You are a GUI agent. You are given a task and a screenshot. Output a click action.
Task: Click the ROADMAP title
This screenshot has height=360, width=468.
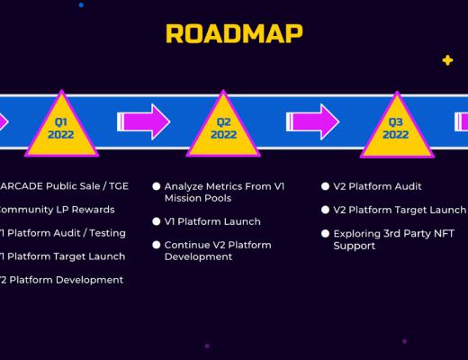[234, 33]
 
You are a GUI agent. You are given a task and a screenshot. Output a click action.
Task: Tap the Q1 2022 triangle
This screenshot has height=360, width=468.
[61, 128]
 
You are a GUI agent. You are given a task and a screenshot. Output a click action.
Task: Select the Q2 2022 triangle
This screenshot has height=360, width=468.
[224, 128]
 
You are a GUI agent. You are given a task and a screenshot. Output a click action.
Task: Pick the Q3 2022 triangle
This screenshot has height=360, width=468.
[395, 128]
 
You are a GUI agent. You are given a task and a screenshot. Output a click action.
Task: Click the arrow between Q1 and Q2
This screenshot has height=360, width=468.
[144, 121]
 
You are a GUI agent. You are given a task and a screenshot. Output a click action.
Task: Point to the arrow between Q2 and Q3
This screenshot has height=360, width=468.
[312, 121]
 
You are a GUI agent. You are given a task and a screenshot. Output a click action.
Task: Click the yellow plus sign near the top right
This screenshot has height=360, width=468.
[447, 60]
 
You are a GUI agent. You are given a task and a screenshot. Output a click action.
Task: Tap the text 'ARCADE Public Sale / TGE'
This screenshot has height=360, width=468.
[64, 186]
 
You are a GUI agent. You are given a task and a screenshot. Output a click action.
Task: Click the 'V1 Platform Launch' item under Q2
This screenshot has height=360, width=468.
[212, 221]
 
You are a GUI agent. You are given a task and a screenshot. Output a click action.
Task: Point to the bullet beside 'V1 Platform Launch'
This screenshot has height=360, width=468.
[156, 221]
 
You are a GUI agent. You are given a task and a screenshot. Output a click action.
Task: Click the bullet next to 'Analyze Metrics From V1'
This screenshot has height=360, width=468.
[156, 186]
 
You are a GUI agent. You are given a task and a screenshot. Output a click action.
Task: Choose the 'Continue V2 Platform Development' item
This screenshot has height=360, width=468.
[217, 250]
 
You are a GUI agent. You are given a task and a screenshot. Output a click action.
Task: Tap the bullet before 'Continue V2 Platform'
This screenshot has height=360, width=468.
[156, 245]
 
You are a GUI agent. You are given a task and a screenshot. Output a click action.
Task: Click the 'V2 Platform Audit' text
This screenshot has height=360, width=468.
[377, 186]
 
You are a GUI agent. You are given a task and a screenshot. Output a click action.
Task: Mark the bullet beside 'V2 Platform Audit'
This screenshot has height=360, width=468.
[325, 186]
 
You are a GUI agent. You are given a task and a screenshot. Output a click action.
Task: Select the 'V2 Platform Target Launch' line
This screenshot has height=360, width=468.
[399, 210]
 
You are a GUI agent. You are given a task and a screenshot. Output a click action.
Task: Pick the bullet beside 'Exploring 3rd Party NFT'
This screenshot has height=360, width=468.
[325, 233]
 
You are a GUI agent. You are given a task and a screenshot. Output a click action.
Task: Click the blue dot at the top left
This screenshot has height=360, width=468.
[81, 4]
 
